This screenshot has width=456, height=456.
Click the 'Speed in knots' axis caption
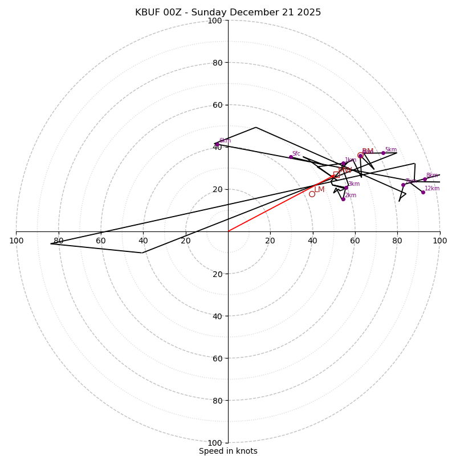228,451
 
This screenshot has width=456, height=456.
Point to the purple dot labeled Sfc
291,157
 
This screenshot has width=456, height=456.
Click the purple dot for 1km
343,164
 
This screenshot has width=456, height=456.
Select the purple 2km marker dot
343,199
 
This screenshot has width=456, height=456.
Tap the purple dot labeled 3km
346,188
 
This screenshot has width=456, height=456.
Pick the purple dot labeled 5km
383,153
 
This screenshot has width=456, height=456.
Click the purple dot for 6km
217,144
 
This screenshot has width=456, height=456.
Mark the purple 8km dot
425,179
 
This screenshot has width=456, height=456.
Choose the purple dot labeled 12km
423,192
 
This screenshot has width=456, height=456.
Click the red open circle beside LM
312,194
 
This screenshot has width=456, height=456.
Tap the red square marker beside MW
336,174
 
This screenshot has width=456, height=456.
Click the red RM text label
368,152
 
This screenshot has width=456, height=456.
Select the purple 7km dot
403,185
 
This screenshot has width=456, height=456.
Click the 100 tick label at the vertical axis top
214,21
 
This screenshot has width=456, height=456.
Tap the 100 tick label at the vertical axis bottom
214,442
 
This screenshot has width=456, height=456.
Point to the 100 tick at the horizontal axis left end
16,241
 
